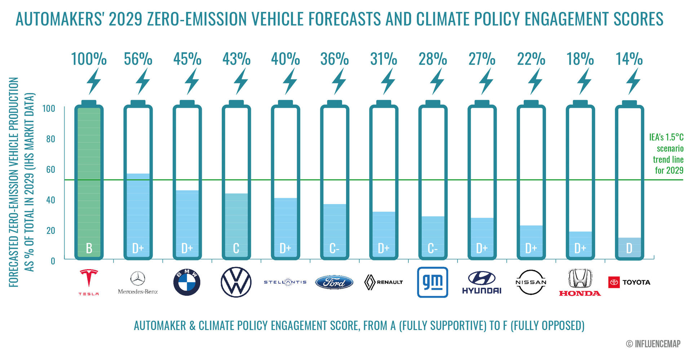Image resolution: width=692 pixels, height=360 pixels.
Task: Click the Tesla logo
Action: point(89,282)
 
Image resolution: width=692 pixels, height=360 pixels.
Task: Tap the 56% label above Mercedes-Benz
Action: point(138,59)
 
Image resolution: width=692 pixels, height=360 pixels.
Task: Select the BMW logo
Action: point(187,282)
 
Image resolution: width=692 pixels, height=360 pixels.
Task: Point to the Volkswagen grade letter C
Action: point(236,248)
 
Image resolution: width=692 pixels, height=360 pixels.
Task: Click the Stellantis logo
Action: point(285,282)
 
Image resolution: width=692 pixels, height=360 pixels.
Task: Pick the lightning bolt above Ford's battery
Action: point(339,81)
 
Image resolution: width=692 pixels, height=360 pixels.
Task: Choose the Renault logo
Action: point(383,282)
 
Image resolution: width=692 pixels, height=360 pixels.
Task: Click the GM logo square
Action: point(432,282)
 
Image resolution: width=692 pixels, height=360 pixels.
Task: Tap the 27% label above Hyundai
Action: point(482,59)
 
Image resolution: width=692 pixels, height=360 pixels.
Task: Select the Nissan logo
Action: point(531,282)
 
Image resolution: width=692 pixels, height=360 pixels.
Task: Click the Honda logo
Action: point(580,282)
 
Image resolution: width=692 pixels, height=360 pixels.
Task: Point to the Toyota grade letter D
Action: point(629,248)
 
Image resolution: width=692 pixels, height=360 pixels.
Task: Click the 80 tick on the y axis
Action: point(50,139)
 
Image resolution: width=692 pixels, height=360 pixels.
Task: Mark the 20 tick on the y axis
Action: point(50,230)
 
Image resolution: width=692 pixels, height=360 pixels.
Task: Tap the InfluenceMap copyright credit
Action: point(653,344)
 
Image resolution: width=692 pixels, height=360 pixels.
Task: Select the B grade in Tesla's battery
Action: point(89,248)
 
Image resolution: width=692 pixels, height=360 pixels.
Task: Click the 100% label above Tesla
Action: point(89,59)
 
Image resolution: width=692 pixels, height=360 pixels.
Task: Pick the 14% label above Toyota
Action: point(629,59)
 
